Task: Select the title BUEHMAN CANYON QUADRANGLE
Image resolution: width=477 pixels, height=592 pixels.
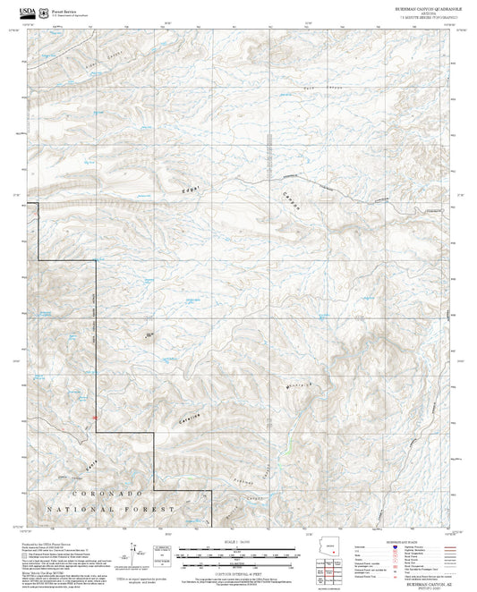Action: pos(418,7)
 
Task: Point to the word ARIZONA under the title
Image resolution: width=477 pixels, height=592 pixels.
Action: pos(418,13)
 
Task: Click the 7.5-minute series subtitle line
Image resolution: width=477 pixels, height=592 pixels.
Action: pos(418,17)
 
